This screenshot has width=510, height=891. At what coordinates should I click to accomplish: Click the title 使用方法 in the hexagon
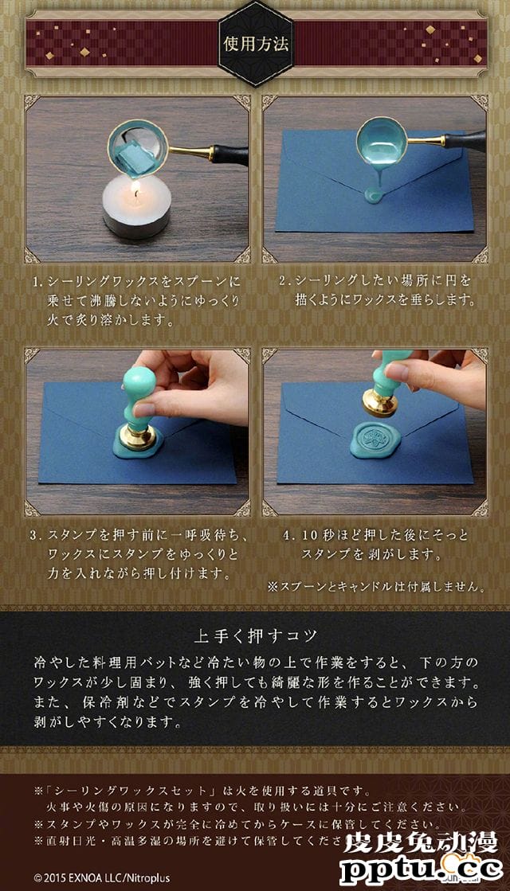(x=255, y=43)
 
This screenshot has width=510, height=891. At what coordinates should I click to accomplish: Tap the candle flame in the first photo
(x=135, y=188)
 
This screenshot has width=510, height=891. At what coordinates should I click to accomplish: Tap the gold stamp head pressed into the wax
(x=137, y=437)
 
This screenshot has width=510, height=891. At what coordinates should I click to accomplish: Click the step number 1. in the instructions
(x=37, y=282)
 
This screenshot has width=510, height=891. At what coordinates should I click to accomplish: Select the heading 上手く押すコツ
(x=255, y=635)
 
